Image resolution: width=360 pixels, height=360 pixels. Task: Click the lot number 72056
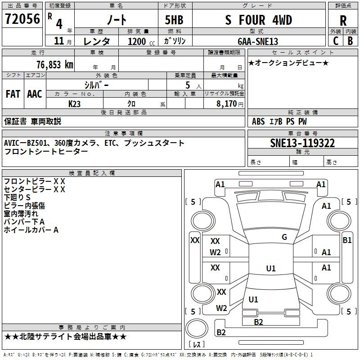[22, 19]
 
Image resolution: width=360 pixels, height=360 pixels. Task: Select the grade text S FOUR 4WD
[258, 20]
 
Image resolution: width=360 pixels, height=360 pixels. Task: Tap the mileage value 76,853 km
[55, 65]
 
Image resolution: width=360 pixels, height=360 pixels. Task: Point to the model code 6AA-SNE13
[258, 41]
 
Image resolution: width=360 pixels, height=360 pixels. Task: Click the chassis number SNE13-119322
[302, 143]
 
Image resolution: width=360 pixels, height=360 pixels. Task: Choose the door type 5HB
[174, 20]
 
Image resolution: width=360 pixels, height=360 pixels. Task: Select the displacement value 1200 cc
[141, 41]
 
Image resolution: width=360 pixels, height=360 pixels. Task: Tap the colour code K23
[74, 104]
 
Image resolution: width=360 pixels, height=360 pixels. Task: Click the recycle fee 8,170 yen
[230, 104]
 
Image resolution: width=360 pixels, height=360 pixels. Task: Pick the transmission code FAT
[13, 94]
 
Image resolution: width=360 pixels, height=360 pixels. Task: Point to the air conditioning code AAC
[35, 94]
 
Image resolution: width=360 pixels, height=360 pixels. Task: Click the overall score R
[343, 21]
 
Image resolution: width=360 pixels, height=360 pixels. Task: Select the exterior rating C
[336, 41]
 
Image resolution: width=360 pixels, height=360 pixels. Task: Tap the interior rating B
[350, 41]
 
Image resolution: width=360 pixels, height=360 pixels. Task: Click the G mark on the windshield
[284, 237]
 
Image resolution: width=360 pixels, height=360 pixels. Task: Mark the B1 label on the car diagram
[347, 240]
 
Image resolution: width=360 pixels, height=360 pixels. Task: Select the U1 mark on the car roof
[271, 268]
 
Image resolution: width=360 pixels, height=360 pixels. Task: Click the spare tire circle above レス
[197, 328]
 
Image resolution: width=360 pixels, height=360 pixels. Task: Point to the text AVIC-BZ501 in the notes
[25, 143]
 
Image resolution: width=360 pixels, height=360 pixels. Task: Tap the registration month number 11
[59, 41]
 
